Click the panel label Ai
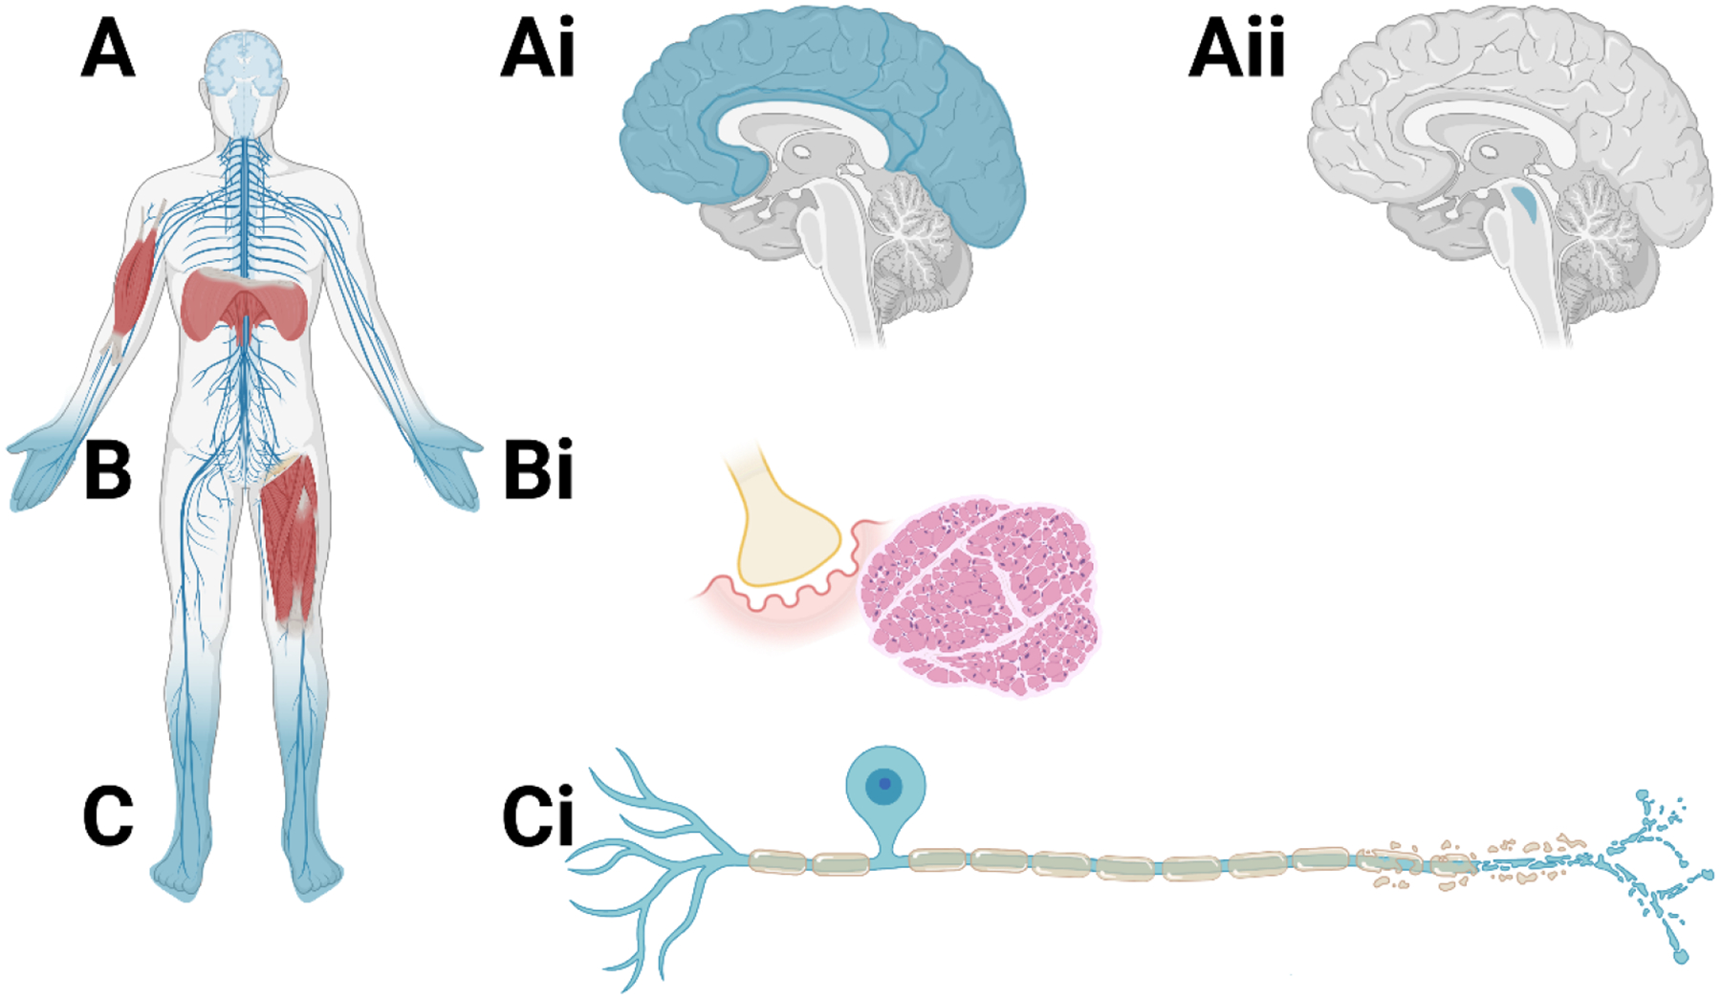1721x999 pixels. click(537, 50)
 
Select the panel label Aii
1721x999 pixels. click(1236, 50)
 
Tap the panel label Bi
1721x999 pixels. click(537, 470)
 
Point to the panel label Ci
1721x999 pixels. click(537, 816)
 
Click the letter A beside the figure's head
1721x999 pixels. click(107, 50)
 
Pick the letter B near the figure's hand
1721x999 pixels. click(107, 470)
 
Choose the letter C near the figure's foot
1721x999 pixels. click(107, 816)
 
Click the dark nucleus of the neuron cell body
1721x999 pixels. click(884, 785)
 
